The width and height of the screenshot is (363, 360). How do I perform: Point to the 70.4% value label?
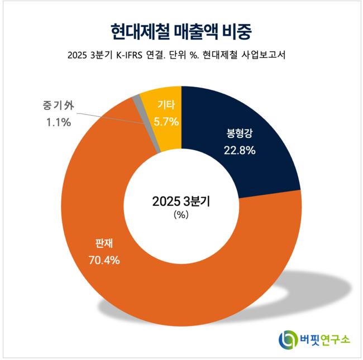pyautogui.click(x=104, y=260)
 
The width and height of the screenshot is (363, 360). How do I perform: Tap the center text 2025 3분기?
pyautogui.click(x=181, y=201)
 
